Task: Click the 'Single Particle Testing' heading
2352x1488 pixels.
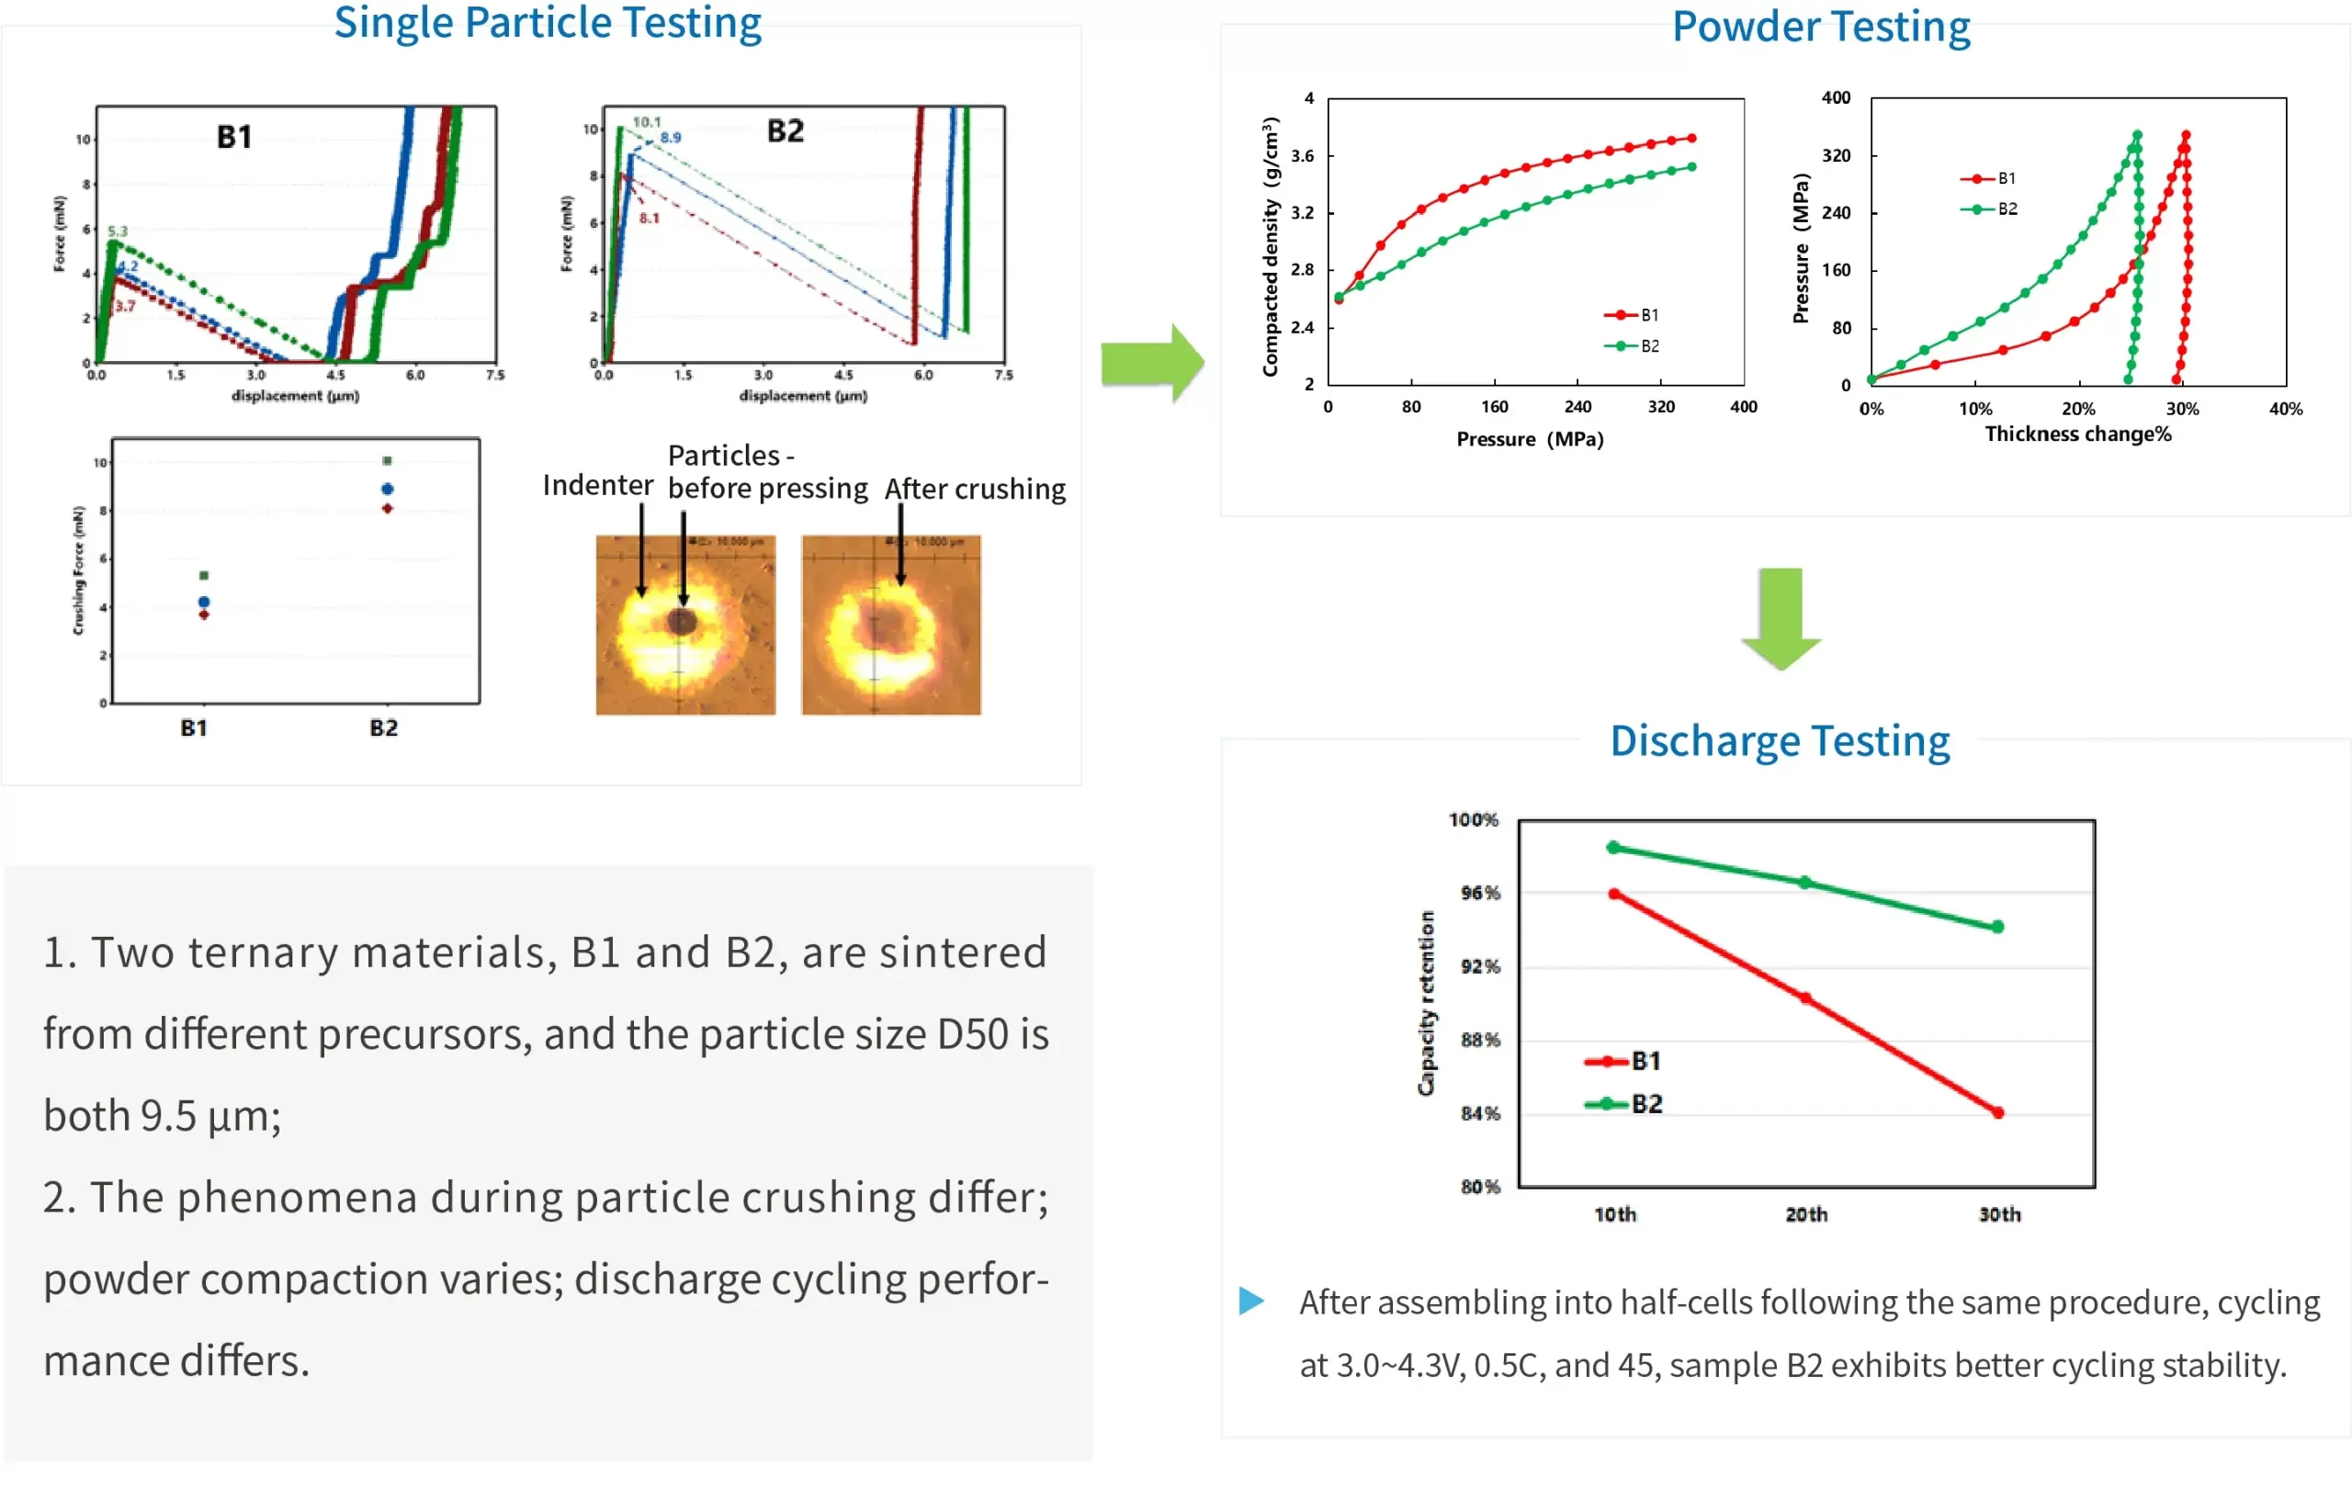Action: coord(547,24)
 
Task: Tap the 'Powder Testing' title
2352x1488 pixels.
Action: coord(1821,28)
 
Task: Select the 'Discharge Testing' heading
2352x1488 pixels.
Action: coord(1780,741)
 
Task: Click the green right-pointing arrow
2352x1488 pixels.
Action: coord(1151,362)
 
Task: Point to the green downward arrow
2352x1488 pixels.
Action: coord(1781,618)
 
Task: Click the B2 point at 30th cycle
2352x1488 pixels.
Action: coord(1997,927)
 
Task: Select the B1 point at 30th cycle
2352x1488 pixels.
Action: coord(1997,1112)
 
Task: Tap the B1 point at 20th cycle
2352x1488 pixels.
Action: coord(1805,998)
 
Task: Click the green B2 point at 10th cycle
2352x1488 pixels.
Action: coord(1613,848)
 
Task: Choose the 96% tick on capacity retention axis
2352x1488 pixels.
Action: coord(1480,893)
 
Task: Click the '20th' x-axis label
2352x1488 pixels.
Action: coord(1806,1214)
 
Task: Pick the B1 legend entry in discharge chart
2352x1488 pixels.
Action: coord(1623,1060)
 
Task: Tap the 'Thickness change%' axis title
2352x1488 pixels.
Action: coord(2077,434)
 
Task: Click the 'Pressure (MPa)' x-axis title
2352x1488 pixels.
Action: coord(1530,439)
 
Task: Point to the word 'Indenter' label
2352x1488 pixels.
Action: coord(597,485)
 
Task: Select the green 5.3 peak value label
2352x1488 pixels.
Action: coord(118,231)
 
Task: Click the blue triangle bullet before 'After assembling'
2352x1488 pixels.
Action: coord(1251,1301)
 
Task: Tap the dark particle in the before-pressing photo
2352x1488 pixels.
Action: coord(682,620)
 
